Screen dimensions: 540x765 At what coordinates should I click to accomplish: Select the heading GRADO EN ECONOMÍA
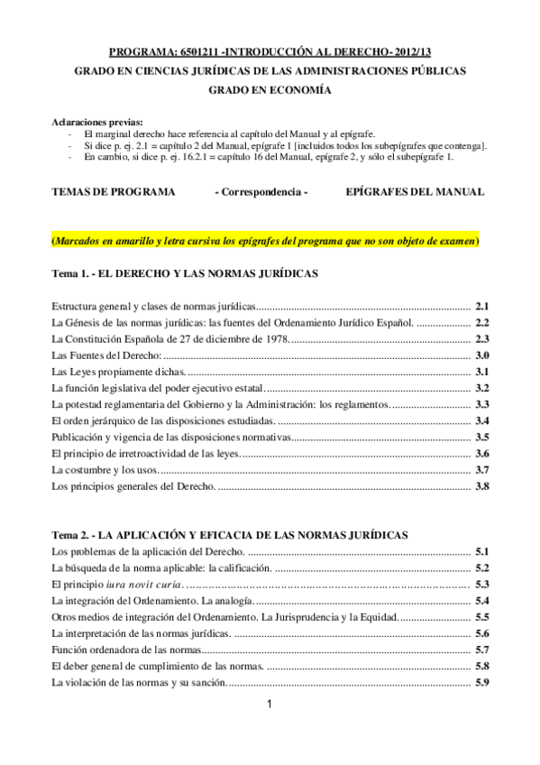pyautogui.click(x=270, y=90)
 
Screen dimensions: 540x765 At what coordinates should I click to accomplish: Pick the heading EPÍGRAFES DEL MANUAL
pyautogui.click(x=415, y=191)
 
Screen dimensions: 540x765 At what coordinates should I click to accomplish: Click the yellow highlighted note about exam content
pyautogui.click(x=265, y=242)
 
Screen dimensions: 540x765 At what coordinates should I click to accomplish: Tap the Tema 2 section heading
pyautogui.click(x=230, y=535)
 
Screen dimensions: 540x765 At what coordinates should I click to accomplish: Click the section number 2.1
pyautogui.click(x=481, y=306)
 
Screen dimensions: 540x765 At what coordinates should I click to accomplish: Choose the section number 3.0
pyautogui.click(x=481, y=356)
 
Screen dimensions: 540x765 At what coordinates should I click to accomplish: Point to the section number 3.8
pyautogui.click(x=481, y=487)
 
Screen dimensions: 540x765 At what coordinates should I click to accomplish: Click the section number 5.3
pyautogui.click(x=481, y=585)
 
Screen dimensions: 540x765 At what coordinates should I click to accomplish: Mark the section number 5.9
pyautogui.click(x=481, y=682)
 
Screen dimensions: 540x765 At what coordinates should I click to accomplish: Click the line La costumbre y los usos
pyautogui.click(x=105, y=471)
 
